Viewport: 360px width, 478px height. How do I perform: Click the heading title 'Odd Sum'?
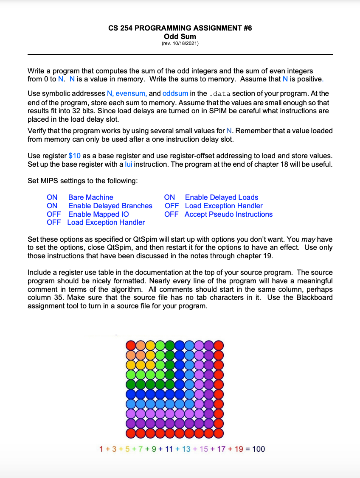pyautogui.click(x=180, y=36)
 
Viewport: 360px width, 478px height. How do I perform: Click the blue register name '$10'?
pyautogui.click(x=74, y=156)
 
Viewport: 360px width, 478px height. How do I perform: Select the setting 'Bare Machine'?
pyautogui.click(x=90, y=197)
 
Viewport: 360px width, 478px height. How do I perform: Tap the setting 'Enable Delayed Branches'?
pyautogui.click(x=110, y=206)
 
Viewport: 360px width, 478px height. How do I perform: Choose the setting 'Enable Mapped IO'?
pyautogui.click(x=98, y=214)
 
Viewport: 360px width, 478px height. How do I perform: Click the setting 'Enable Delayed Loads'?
pyautogui.click(x=221, y=197)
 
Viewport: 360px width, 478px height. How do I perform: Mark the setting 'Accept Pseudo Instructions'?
pyautogui.click(x=228, y=214)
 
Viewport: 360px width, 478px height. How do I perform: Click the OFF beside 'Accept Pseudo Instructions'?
pyautogui.click(x=172, y=214)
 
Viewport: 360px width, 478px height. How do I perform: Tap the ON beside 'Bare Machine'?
pyautogui.click(x=52, y=197)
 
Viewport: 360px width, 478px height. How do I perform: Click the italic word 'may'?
pyautogui.click(x=308, y=239)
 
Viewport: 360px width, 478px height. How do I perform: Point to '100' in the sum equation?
pyautogui.click(x=258, y=449)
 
